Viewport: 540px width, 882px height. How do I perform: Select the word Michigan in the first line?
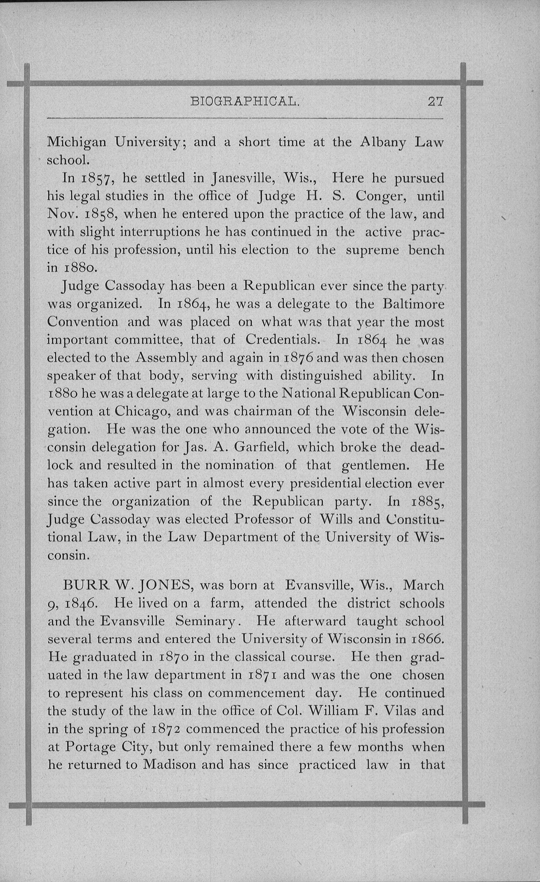pyautogui.click(x=77, y=143)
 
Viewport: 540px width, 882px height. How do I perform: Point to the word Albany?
pyautogui.click(x=383, y=143)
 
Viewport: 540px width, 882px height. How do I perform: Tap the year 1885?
pyautogui.click(x=427, y=501)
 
